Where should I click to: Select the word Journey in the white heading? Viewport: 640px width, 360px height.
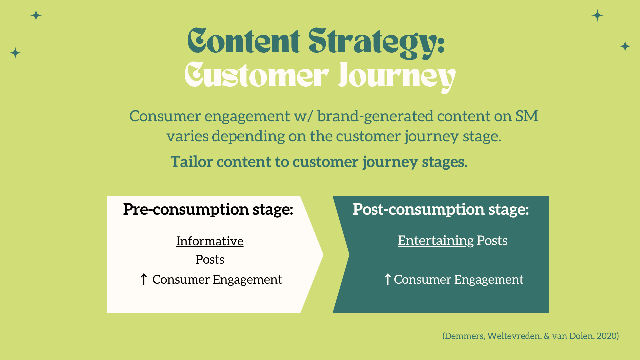coord(397,77)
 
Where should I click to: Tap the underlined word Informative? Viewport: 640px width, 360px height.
coord(210,241)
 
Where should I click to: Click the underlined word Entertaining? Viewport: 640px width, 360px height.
coord(436,241)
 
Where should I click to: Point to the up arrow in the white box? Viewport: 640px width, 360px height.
coord(144,279)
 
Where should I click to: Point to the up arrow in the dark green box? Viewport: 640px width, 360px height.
coord(387,279)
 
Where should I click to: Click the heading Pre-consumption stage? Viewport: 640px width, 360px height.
coord(208,209)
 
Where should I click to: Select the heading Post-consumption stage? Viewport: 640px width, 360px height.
coord(441,209)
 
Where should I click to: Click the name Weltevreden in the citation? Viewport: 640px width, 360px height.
coord(514,336)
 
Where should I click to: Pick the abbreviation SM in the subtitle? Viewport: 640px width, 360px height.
coord(527,116)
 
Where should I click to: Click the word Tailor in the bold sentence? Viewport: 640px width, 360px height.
coord(192,162)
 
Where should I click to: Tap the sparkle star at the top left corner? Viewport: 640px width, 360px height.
coord(36,15)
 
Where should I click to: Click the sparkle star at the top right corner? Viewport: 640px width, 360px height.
coord(597,15)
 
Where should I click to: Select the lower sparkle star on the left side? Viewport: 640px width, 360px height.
coord(15,53)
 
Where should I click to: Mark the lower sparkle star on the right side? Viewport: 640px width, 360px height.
coord(625,46)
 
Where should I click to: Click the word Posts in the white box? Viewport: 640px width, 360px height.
coord(210,260)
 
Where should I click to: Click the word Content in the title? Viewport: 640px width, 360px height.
coord(244,41)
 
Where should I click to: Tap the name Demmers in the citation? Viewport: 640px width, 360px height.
coord(464,336)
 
